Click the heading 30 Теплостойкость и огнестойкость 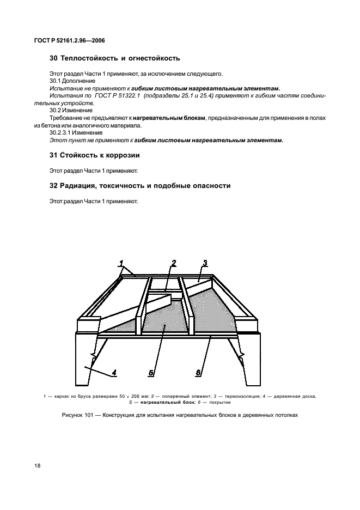click(115, 58)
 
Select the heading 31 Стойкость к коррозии click(95, 155)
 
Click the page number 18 click(38, 466)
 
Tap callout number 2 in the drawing click(174, 263)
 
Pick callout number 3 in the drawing click(205, 263)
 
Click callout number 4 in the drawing click(114, 373)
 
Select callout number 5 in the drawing click(152, 373)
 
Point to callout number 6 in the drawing click(198, 373)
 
